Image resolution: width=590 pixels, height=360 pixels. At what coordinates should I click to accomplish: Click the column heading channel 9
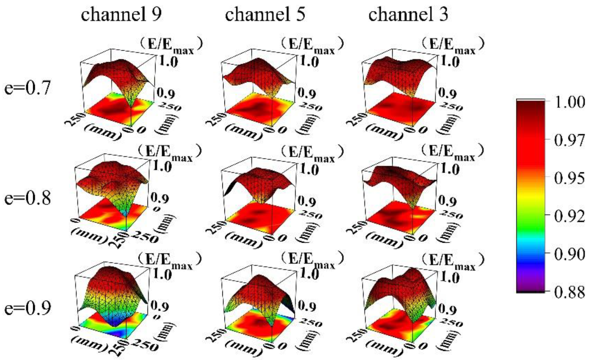coord(121,15)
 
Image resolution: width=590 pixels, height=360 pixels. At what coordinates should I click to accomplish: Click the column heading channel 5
coord(265,15)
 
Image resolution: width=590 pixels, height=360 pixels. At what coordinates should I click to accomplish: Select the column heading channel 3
coord(408,15)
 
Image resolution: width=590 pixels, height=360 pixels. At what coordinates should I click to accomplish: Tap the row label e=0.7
coord(27,88)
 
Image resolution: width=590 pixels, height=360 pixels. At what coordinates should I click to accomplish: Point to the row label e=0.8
coord(27,198)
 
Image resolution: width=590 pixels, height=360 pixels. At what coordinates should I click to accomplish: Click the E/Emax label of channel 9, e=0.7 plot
coord(170,44)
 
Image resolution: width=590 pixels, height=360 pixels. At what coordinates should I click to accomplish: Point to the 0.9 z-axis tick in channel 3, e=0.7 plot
coord(448,93)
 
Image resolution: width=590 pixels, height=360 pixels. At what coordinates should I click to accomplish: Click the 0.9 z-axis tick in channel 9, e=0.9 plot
coord(160,306)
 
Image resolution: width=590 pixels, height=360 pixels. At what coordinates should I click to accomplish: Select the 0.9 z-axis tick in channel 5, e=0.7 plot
coord(307,93)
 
